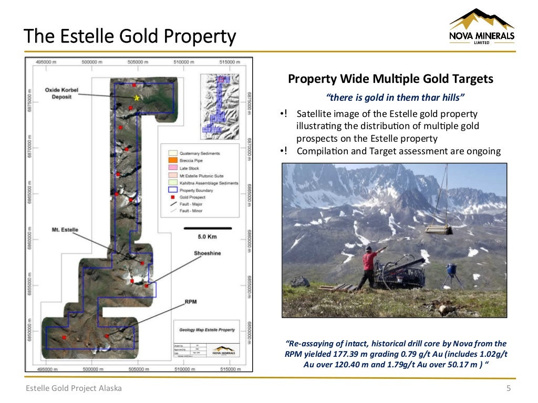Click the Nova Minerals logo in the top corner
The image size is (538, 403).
coord(481,27)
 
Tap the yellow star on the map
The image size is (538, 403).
coord(137,98)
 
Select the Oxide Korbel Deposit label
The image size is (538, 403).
coord(61,93)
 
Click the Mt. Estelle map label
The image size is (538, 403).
coord(65,230)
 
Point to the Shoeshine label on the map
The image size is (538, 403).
coord(208,253)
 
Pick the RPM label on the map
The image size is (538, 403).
coord(191,302)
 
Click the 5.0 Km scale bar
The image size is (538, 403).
coord(208,228)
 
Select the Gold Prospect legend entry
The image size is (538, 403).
coord(192,197)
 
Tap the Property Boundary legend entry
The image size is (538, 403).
coord(197,190)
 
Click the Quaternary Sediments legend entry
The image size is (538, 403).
coord(200,153)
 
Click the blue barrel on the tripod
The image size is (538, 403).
coord(451,269)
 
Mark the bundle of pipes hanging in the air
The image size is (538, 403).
coord(438,229)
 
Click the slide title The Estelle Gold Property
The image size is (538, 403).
coord(130,37)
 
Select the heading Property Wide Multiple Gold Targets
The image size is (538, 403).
coord(390,79)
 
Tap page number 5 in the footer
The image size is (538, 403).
coord(508,388)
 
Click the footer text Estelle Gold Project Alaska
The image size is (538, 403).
coord(74,388)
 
